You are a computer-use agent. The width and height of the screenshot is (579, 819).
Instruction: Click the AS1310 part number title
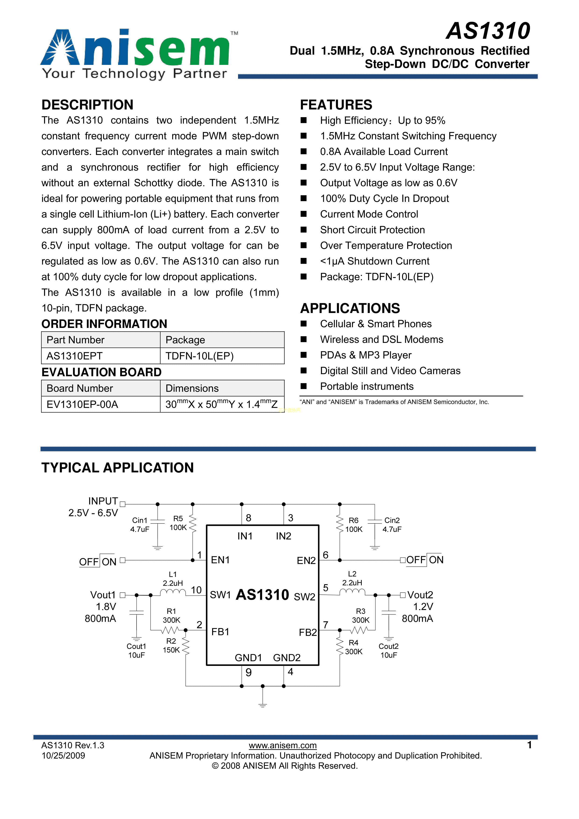(x=488, y=31)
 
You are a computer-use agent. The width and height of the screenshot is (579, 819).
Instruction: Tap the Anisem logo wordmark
(x=136, y=48)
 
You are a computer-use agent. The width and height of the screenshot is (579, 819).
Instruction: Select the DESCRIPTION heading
(x=88, y=105)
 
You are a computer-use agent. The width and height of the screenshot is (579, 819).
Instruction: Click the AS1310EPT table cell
(x=74, y=356)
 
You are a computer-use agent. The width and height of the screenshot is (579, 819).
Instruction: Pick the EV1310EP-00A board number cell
(x=82, y=404)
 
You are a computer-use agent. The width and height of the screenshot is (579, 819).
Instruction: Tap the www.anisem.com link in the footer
(x=283, y=745)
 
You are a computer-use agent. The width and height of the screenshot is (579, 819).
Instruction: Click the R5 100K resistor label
(x=178, y=523)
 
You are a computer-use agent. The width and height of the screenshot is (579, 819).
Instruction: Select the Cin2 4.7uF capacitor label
(x=392, y=525)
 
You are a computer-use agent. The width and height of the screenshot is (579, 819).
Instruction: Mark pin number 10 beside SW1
(x=196, y=590)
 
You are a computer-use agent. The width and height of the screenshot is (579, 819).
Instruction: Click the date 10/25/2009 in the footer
(x=63, y=756)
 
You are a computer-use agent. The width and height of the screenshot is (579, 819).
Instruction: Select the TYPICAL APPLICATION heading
(x=117, y=468)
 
